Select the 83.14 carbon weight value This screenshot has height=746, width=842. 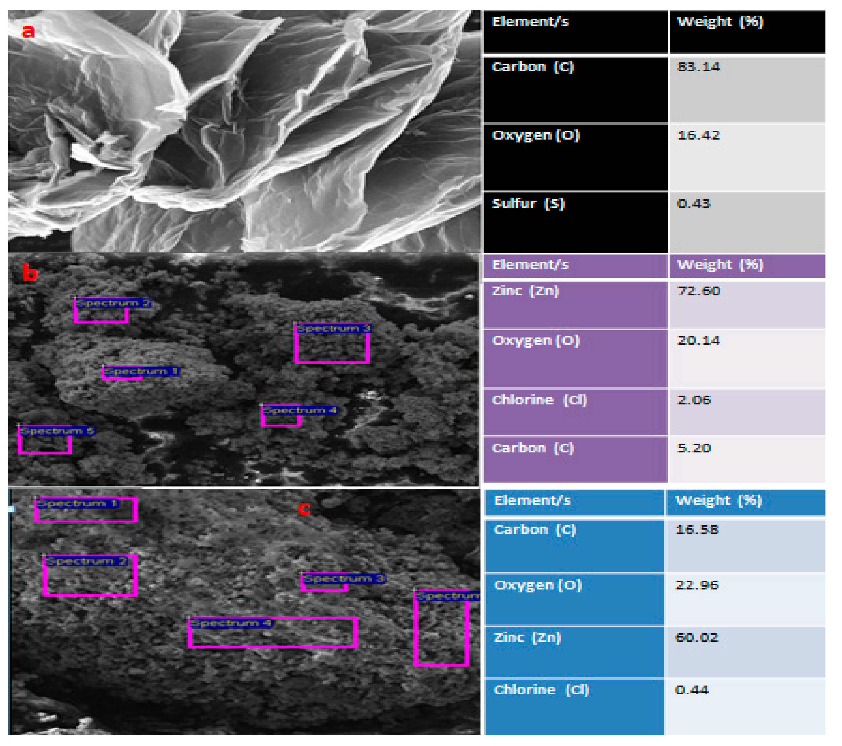[x=699, y=67]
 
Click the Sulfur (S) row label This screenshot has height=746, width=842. [x=528, y=203]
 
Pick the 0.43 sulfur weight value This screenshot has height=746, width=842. [x=694, y=203]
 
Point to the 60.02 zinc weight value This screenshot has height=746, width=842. [x=697, y=638]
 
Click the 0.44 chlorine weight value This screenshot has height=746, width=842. [x=692, y=690]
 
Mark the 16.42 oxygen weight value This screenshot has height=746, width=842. [x=699, y=135]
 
